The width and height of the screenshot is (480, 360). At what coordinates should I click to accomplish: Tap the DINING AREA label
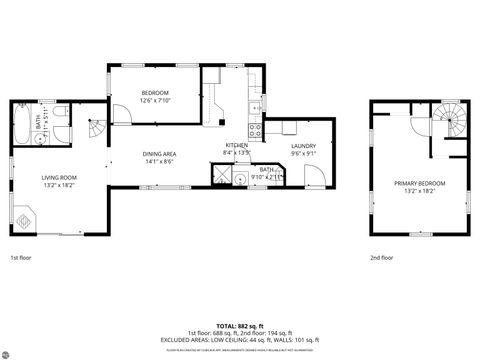[x=159, y=154]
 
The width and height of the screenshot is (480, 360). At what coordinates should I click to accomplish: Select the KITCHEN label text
[x=237, y=146]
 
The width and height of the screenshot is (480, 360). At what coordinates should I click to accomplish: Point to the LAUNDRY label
[x=303, y=147]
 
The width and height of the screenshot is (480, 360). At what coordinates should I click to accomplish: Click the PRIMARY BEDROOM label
[x=419, y=183]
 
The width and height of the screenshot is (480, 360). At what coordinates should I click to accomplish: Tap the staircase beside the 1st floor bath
[x=94, y=128]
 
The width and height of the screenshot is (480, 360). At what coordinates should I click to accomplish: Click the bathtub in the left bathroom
[x=23, y=125]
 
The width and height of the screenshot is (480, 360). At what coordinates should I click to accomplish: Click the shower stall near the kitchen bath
[x=220, y=176]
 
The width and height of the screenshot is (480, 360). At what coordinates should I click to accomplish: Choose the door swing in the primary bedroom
[x=419, y=128]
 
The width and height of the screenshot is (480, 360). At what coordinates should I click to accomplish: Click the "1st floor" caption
[x=21, y=257]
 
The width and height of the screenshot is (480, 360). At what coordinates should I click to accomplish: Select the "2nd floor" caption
[x=381, y=257]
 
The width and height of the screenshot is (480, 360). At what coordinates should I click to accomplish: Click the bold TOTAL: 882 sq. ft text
[x=239, y=326]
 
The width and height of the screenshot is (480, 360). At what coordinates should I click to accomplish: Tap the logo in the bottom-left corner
[x=8, y=351]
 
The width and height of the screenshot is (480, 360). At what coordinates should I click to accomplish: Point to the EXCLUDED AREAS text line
[x=239, y=340]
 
